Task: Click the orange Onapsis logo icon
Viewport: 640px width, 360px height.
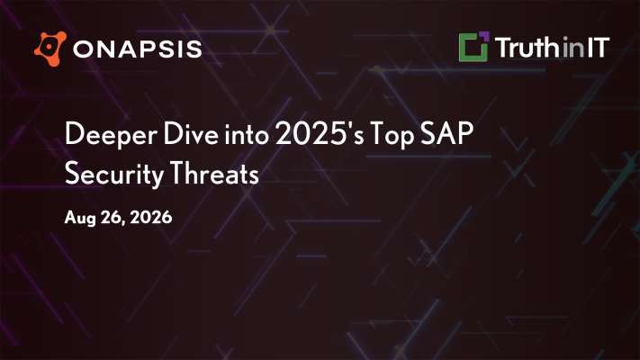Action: pyautogui.click(x=50, y=49)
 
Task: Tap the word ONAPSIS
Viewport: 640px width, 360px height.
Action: pyautogui.click(x=138, y=49)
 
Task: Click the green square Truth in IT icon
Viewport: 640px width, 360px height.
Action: pyautogui.click(x=473, y=47)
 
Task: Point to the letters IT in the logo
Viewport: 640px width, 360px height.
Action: pyautogui.click(x=599, y=48)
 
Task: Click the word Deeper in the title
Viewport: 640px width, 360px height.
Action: pyautogui.click(x=111, y=135)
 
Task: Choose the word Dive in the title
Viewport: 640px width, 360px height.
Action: pyautogui.click(x=191, y=133)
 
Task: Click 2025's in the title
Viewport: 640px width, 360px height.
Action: pyautogui.click(x=320, y=134)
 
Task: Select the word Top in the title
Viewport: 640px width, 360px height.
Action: pyautogui.click(x=392, y=136)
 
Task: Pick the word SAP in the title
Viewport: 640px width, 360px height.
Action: pyautogui.click(x=447, y=133)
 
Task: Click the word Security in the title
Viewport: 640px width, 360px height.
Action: pyautogui.click(x=114, y=175)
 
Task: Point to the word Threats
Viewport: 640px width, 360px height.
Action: pyautogui.click(x=214, y=174)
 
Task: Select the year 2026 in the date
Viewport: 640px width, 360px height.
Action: pyautogui.click(x=150, y=217)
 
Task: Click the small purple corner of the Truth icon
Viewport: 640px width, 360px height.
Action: pyautogui.click(x=483, y=36)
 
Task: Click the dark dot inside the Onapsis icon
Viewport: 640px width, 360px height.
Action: pyautogui.click(x=50, y=48)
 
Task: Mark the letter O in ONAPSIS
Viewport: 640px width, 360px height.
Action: pyautogui.click(x=83, y=49)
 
